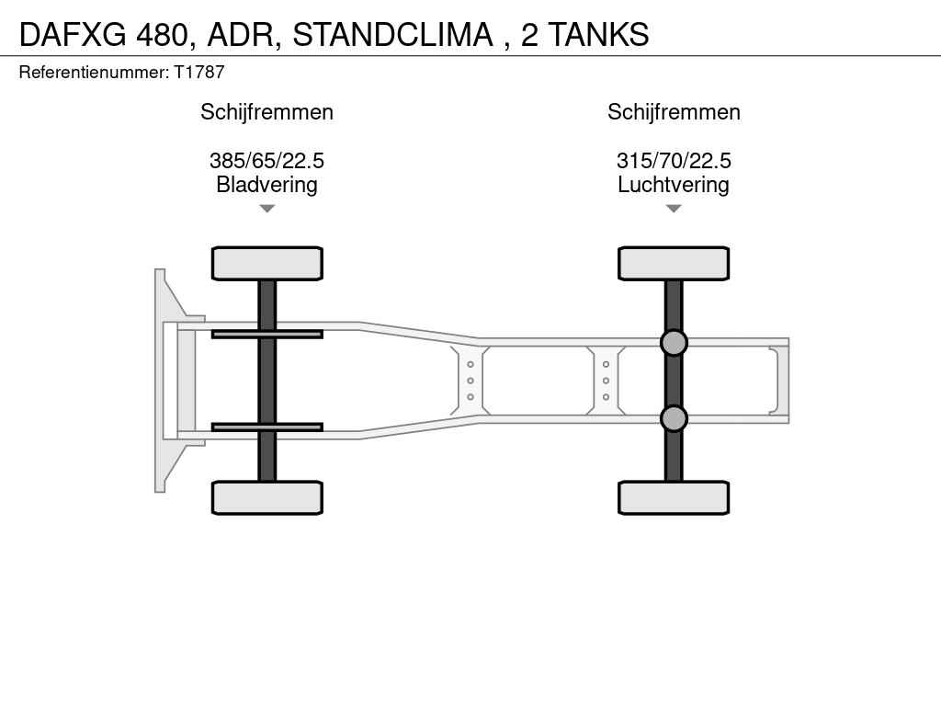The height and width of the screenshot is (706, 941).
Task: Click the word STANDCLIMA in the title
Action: point(392,34)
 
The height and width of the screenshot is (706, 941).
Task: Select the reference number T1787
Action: point(199,72)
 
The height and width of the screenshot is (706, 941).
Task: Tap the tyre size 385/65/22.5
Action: point(267,160)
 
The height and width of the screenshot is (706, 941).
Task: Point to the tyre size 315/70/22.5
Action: point(674,160)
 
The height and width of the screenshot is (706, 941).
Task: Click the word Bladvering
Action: point(267,184)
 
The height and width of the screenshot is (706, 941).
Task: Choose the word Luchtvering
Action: point(674,184)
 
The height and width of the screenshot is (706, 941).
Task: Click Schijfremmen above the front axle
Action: point(267,112)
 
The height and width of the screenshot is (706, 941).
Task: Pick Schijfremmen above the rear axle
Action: point(674,112)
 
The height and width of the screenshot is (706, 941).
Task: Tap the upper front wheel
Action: point(267,264)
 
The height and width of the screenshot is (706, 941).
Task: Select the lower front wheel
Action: point(267,497)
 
